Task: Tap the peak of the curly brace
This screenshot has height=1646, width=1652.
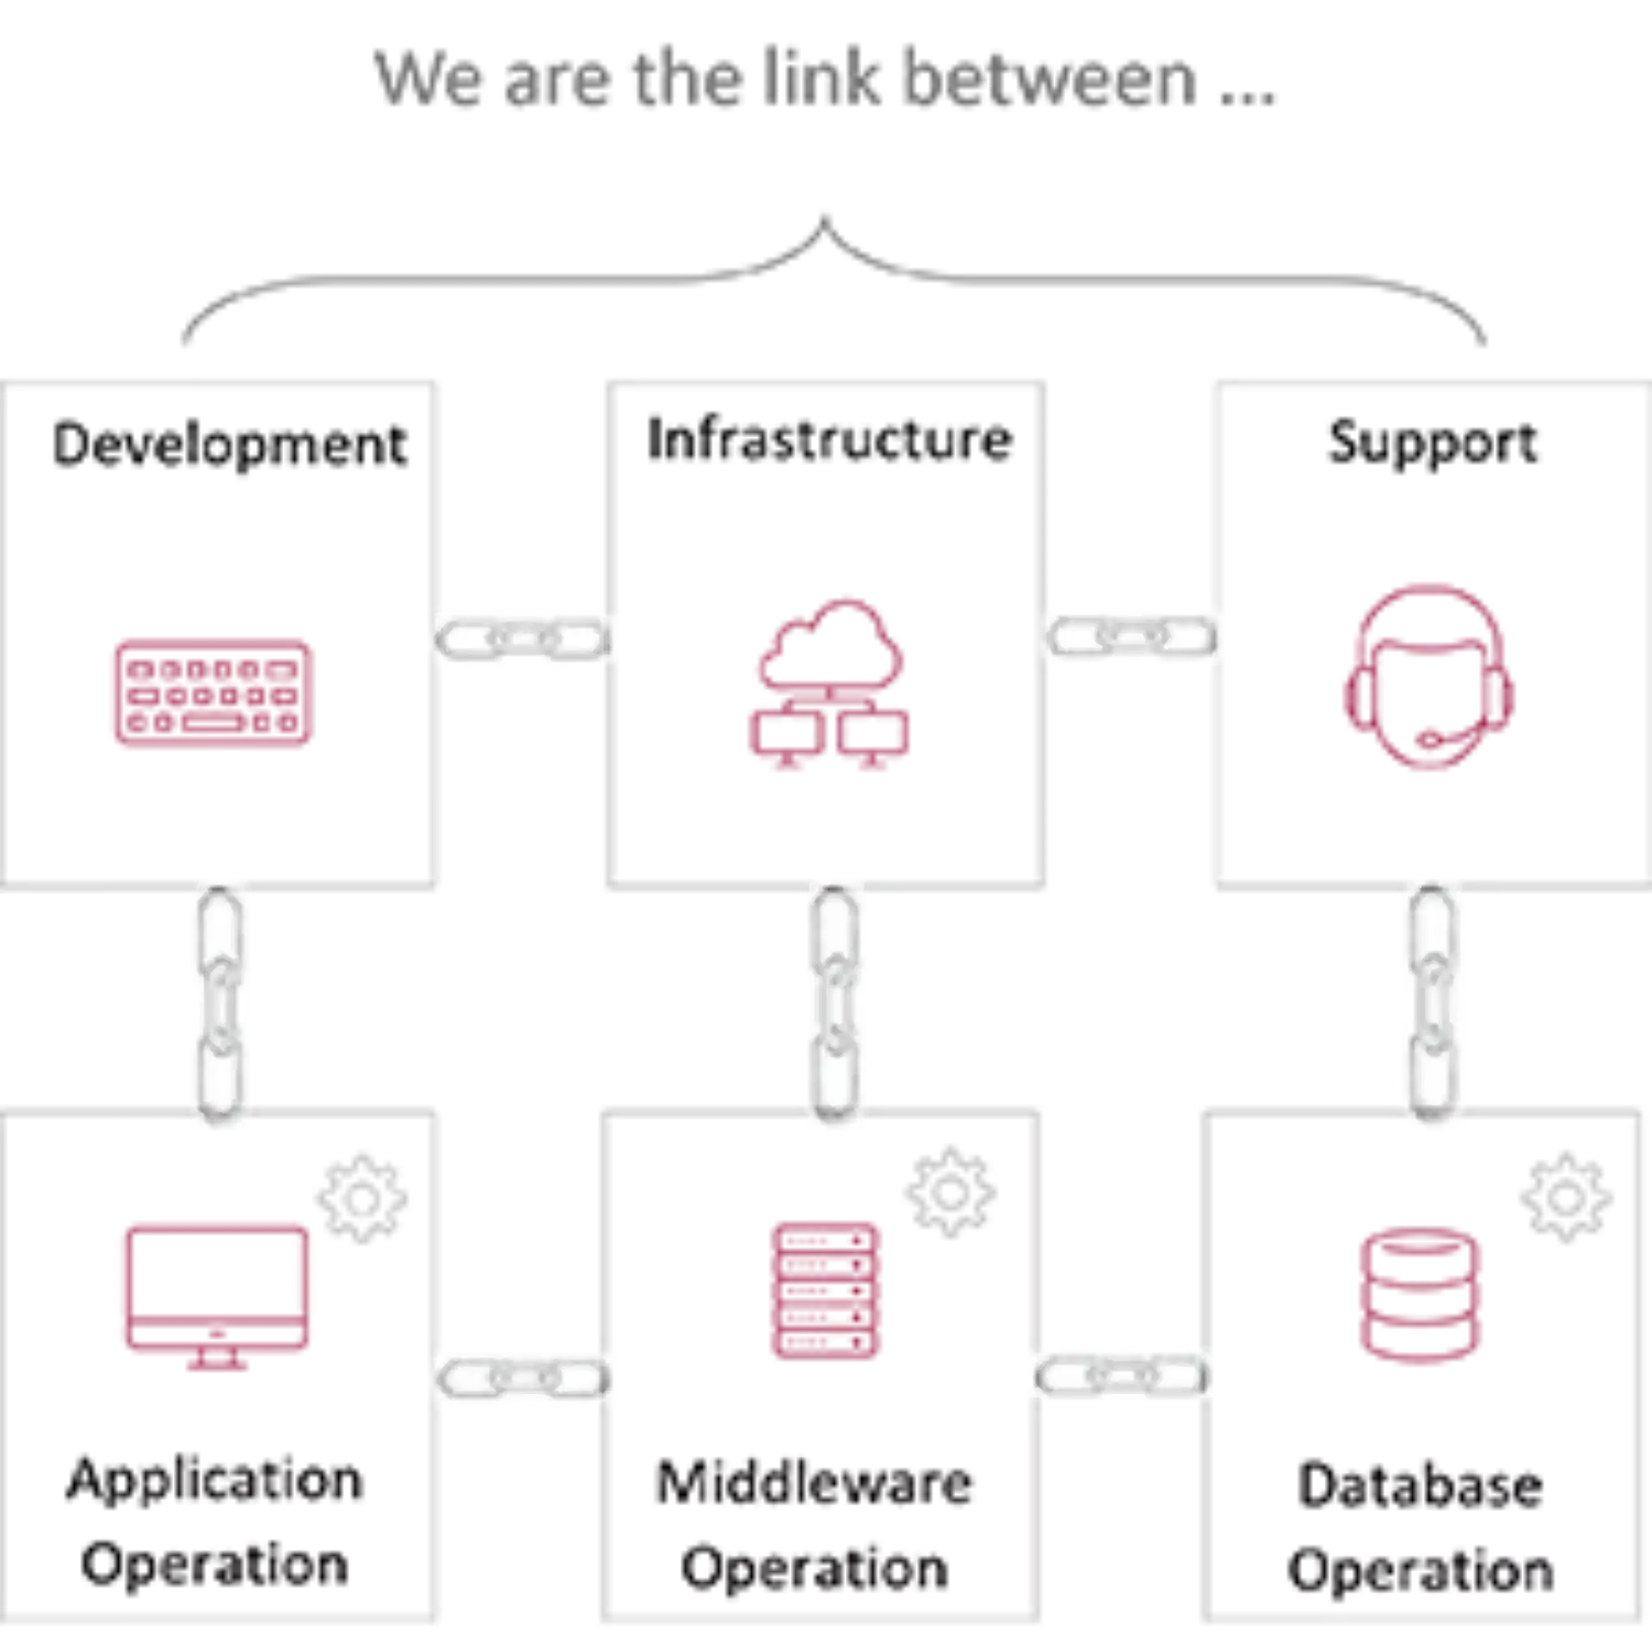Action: [826, 215]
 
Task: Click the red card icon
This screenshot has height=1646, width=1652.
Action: [210, 694]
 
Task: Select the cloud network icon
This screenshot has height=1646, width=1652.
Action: [829, 684]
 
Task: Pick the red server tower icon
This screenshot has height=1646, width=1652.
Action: [825, 1290]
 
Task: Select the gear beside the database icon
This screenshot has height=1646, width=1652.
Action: [1565, 1196]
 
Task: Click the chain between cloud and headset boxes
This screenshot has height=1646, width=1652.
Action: [1131, 637]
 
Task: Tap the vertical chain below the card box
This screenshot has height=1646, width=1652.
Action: [220, 1004]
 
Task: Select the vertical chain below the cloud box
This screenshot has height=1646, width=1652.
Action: [833, 1004]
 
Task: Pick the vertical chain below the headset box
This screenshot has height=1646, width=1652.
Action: [1433, 1004]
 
